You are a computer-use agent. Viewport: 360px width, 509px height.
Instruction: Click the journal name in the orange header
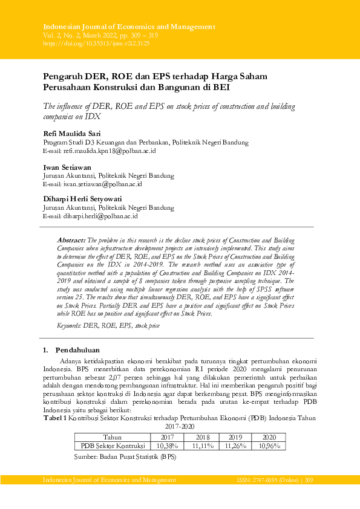(x=129, y=27)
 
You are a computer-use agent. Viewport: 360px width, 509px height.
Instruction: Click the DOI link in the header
(x=96, y=44)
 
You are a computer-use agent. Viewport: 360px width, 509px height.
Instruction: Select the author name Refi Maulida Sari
(x=72, y=133)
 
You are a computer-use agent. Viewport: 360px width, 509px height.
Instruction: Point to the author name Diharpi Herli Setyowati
(x=82, y=198)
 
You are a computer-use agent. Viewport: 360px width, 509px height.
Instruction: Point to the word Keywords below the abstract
(x=69, y=325)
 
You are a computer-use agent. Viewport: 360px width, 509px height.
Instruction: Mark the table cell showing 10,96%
(x=268, y=446)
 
